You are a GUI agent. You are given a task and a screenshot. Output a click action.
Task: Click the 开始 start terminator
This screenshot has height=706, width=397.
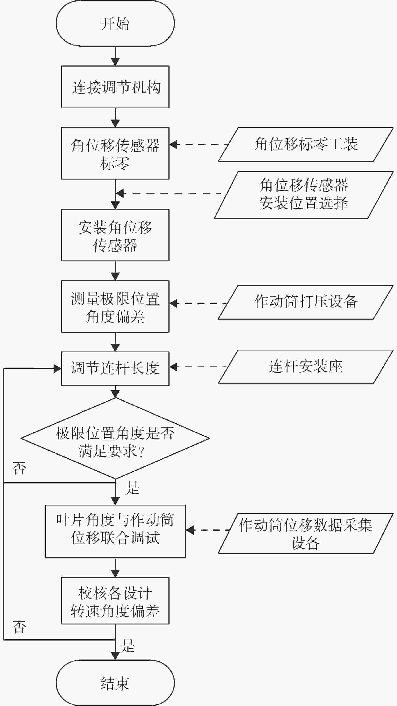(x=115, y=23)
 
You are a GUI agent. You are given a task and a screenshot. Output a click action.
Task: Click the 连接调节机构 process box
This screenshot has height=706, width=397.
(x=115, y=87)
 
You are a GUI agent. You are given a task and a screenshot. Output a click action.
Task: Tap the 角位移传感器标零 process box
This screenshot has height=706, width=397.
(x=115, y=153)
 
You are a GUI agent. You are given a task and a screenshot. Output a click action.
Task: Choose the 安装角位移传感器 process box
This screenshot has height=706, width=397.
(x=115, y=235)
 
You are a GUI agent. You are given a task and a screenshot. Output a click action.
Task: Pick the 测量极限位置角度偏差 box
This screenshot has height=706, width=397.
(x=115, y=307)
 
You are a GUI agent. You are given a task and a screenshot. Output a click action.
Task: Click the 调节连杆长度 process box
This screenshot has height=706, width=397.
(x=115, y=369)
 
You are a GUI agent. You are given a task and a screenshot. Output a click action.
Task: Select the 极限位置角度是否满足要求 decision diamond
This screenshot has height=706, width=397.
(x=115, y=438)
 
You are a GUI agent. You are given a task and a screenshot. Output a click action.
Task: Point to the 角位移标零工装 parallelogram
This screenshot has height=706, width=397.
(x=306, y=145)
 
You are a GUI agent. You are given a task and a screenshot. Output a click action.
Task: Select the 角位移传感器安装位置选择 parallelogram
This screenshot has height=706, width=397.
(x=304, y=195)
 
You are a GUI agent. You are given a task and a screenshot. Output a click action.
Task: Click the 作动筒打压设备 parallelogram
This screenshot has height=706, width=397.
(x=306, y=302)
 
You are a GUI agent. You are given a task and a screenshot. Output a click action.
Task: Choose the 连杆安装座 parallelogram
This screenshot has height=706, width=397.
(x=306, y=367)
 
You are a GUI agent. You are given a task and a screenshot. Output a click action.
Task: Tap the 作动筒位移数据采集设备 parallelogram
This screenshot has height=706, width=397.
(x=306, y=533)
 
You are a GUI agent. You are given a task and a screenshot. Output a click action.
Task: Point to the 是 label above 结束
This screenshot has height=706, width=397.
(x=128, y=646)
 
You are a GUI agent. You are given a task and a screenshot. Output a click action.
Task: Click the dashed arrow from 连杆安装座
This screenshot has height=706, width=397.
(x=198, y=367)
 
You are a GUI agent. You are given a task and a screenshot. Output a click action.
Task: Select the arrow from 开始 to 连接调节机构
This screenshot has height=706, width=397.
(x=115, y=56)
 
